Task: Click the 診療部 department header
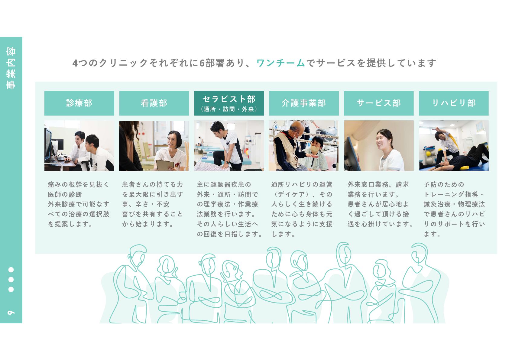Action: click(79, 103)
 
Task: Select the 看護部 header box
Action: click(154, 103)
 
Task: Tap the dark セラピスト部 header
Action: click(229, 103)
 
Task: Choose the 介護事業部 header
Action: click(304, 103)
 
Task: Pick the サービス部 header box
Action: click(378, 103)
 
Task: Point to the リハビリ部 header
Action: click(454, 103)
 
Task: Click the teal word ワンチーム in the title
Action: click(280, 63)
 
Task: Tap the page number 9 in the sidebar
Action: click(11, 312)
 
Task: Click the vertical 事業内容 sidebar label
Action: click(11, 68)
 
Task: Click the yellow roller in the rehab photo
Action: click(462, 168)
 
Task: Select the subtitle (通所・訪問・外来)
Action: click(229, 109)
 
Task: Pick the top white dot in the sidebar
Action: click(11, 270)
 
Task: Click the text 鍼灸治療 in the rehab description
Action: click(437, 204)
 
